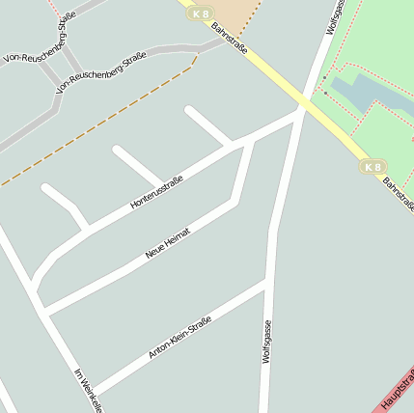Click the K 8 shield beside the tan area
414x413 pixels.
200,14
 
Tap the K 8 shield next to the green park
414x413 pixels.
373,167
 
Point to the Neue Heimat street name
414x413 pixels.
168,242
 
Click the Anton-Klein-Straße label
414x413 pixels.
179,342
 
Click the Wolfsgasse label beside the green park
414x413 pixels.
335,17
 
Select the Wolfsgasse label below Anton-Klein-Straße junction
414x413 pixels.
267,342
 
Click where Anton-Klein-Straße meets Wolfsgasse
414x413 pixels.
267,282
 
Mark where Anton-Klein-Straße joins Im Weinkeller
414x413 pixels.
92,396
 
